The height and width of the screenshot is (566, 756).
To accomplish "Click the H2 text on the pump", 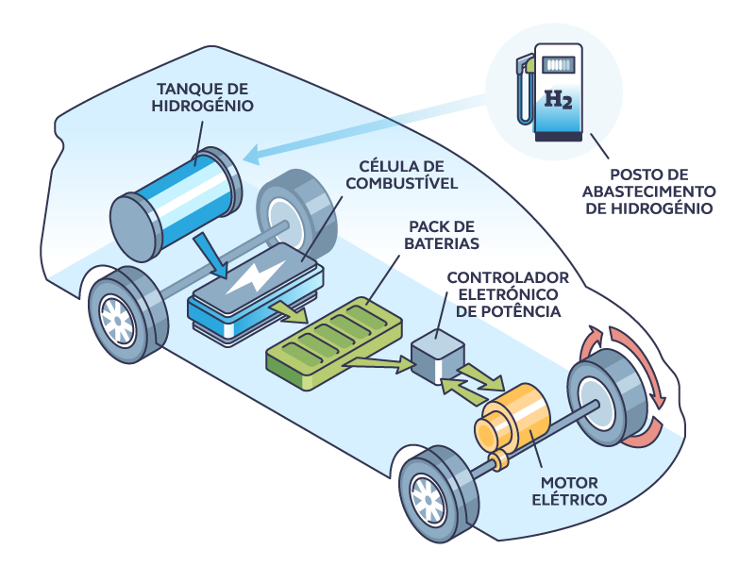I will click(x=559, y=97).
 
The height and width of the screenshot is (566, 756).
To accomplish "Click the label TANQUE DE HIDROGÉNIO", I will click(x=201, y=97).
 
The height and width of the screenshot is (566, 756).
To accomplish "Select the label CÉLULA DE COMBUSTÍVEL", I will click(x=400, y=175).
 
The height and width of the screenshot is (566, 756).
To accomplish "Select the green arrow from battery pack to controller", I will click(x=385, y=361).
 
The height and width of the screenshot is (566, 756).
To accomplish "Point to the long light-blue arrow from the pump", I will click(x=378, y=127).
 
